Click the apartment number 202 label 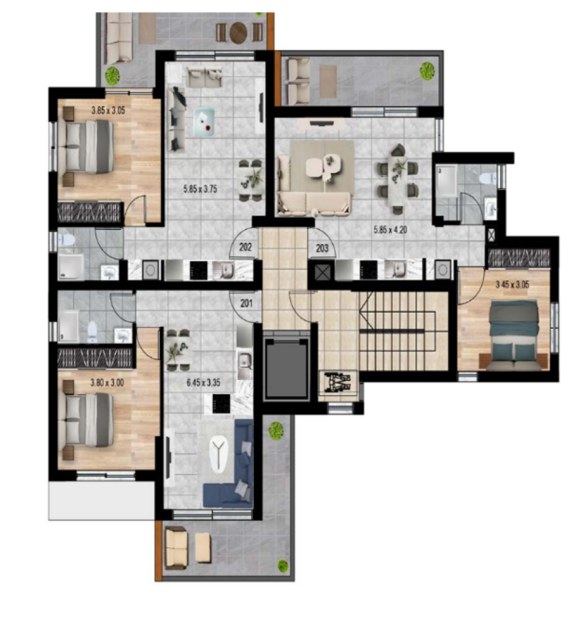click(245, 247)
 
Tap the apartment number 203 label click(322, 248)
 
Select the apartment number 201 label click(246, 303)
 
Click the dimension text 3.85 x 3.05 click(108, 110)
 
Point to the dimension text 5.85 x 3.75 click(200, 189)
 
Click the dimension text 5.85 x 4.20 click(390, 229)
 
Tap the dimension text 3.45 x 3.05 click(512, 285)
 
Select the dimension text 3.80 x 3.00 click(107, 383)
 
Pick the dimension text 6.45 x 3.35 click(203, 383)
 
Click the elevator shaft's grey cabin click(286, 369)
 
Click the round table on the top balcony click(239, 32)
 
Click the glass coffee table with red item click(204, 122)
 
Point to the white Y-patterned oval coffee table click(218, 454)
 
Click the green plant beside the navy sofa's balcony click(276, 431)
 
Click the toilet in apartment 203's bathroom click(487, 177)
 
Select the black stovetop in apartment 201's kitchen click(221, 404)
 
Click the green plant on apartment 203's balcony click(427, 71)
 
